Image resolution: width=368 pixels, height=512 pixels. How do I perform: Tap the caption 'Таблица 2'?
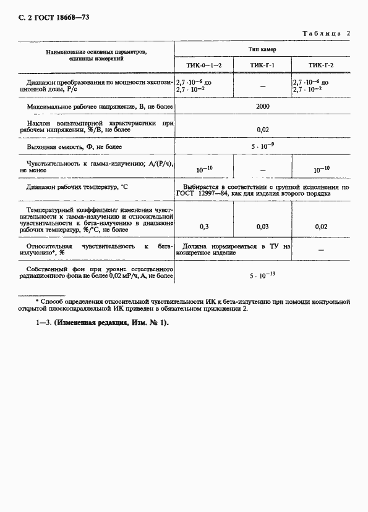326,33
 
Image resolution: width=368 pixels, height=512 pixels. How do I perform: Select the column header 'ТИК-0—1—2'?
204,65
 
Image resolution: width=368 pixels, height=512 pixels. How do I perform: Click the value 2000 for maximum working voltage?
262,106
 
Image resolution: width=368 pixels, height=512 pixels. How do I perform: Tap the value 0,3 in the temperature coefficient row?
204,227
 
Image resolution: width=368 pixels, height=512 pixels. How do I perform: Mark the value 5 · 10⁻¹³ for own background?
262,275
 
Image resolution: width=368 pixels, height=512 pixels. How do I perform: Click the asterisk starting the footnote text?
36,300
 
